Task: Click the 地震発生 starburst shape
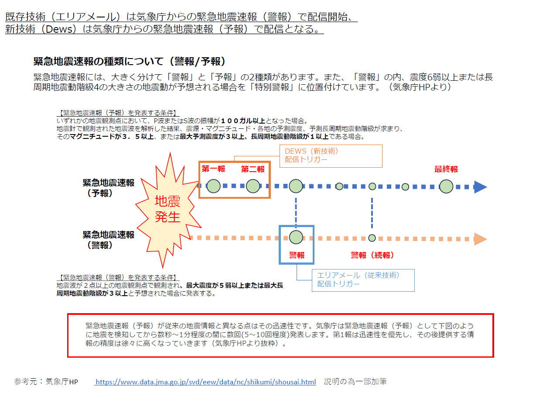pos(167,210)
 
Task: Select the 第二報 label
pos(253,169)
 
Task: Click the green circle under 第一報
pos(214,186)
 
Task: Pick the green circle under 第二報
pos(253,186)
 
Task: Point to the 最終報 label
pos(446,169)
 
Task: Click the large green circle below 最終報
pos(446,186)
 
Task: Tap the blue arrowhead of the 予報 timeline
pos(480,187)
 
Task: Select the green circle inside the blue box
pos(296,238)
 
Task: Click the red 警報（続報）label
pos(373,255)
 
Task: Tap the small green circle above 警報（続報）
pos(372,238)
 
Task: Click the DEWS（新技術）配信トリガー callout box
pos(331,156)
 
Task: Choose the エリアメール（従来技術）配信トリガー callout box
pos(363,280)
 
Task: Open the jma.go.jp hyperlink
pos(205,382)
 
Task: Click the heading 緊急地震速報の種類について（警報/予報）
pos(129,61)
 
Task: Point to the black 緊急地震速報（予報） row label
pos(109,188)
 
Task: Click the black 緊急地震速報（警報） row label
pos(109,240)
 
